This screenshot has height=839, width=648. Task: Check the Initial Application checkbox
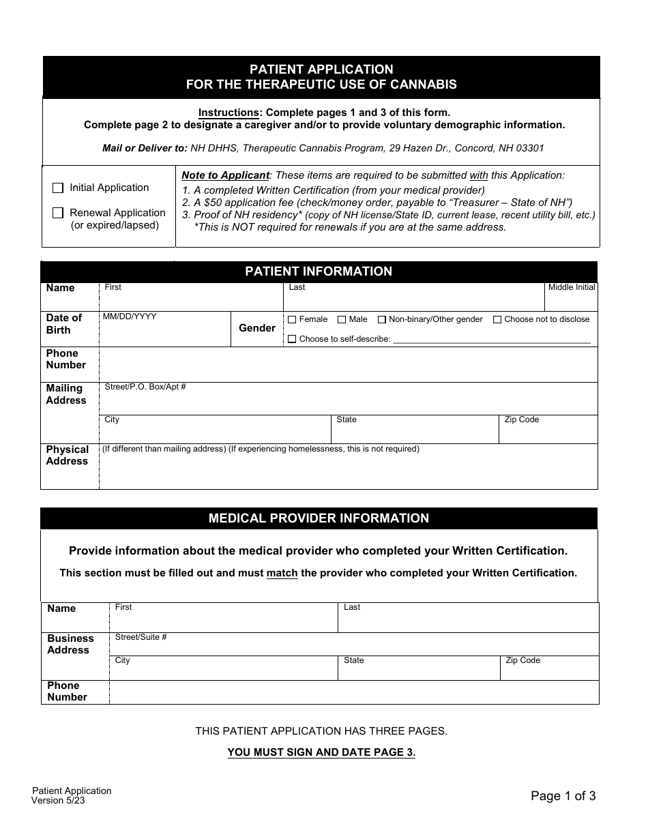coord(58,188)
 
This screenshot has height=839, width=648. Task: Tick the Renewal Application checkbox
coord(58,213)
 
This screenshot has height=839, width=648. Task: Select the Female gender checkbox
coord(292,319)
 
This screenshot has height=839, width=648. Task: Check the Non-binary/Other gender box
coord(382,319)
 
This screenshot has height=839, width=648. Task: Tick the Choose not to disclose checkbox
coord(497,319)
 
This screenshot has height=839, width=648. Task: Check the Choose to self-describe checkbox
coord(292,339)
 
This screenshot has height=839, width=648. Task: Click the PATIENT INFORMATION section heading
coord(319,271)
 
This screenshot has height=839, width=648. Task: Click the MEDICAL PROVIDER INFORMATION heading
coord(319,518)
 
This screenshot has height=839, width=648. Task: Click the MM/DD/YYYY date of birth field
coord(164,331)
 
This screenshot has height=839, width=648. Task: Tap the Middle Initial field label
coord(572,287)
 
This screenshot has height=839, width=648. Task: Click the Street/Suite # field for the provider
coord(353,644)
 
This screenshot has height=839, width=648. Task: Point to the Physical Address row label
coord(68,455)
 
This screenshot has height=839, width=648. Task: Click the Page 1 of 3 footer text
coord(563,795)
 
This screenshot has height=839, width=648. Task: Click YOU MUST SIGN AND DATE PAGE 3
coord(321,752)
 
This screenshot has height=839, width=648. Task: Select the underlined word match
coord(282,573)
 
